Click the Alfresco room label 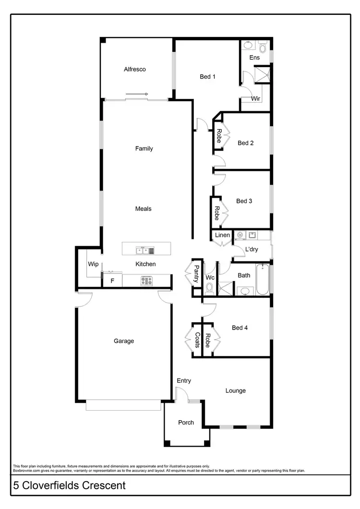[134, 69]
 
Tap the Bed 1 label [208, 76]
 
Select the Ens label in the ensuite [254, 58]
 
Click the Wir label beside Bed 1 [256, 99]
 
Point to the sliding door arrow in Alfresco [137, 94]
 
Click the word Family [144, 149]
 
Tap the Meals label [144, 209]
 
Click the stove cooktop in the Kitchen [146, 281]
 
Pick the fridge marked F [112, 281]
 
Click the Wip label [93, 264]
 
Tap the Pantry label [196, 274]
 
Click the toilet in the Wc [209, 288]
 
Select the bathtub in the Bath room [263, 280]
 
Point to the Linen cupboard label [223, 235]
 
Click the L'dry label [252, 250]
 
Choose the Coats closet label [197, 340]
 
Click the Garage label [124, 341]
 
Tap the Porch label [186, 423]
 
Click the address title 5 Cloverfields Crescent [70, 485]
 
